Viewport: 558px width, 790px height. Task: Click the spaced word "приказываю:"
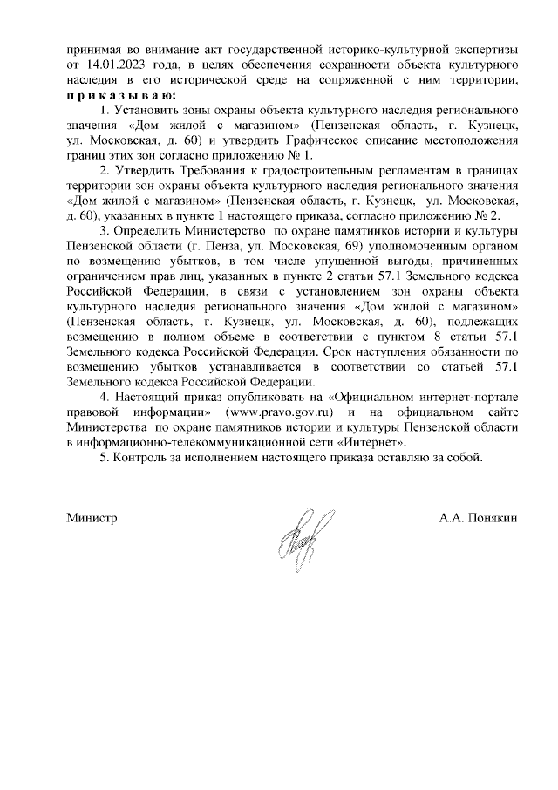pyautogui.click(x=121, y=95)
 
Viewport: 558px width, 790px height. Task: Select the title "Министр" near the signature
pyautogui.click(x=92, y=517)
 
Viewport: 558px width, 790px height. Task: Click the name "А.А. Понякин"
pyautogui.click(x=479, y=517)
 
